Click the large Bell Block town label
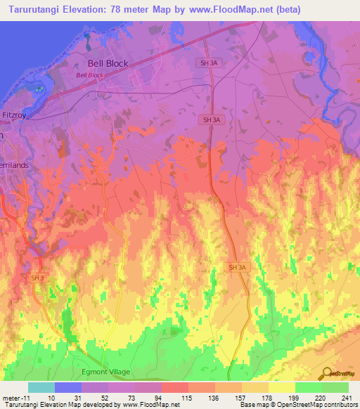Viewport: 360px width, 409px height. coord(108,63)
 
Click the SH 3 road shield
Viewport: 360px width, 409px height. coord(37,278)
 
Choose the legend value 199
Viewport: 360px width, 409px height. coord(295,398)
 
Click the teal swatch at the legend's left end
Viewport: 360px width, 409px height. coord(41,387)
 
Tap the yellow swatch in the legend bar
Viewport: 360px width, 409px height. coord(281,387)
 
